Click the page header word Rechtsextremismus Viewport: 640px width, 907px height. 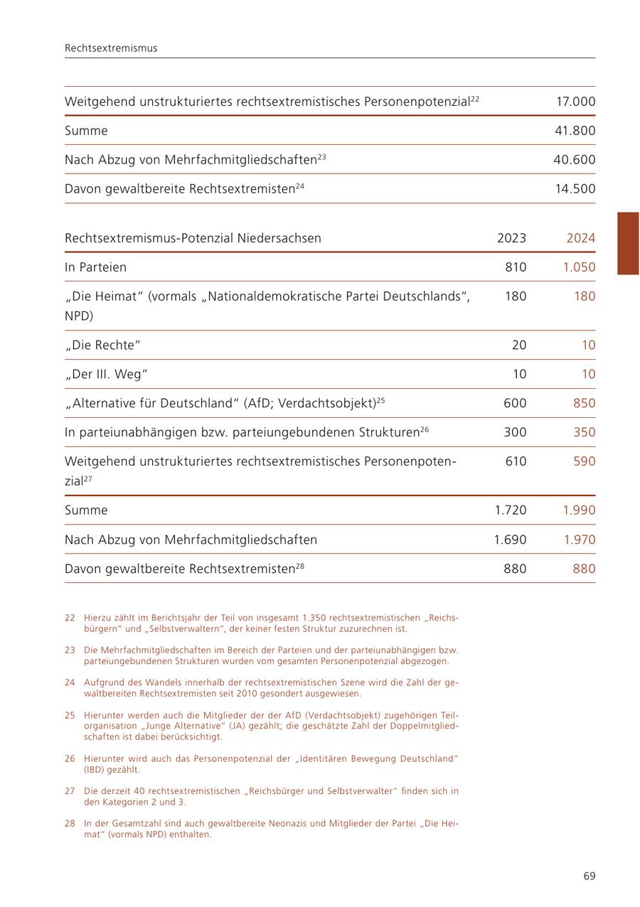[111, 48]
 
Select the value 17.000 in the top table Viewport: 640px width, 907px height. [575, 102]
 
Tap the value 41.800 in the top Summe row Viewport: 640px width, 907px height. [575, 131]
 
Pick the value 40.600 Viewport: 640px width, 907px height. [575, 160]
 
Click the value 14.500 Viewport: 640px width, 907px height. [575, 189]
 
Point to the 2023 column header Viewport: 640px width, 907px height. [511, 238]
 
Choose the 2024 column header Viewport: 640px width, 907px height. [580, 238]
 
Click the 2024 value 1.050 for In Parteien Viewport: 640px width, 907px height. [579, 267]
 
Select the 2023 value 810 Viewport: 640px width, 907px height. [516, 267]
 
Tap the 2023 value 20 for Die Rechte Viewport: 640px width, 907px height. [519, 345]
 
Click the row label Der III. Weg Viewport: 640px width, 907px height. [106, 375]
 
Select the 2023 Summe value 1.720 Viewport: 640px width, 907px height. [511, 510]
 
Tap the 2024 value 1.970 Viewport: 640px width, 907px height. [580, 540]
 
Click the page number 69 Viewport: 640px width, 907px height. [589, 876]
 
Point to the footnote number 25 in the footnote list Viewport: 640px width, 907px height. [70, 715]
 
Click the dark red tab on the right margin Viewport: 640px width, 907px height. [628, 243]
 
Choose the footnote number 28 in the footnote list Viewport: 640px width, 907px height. [70, 824]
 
